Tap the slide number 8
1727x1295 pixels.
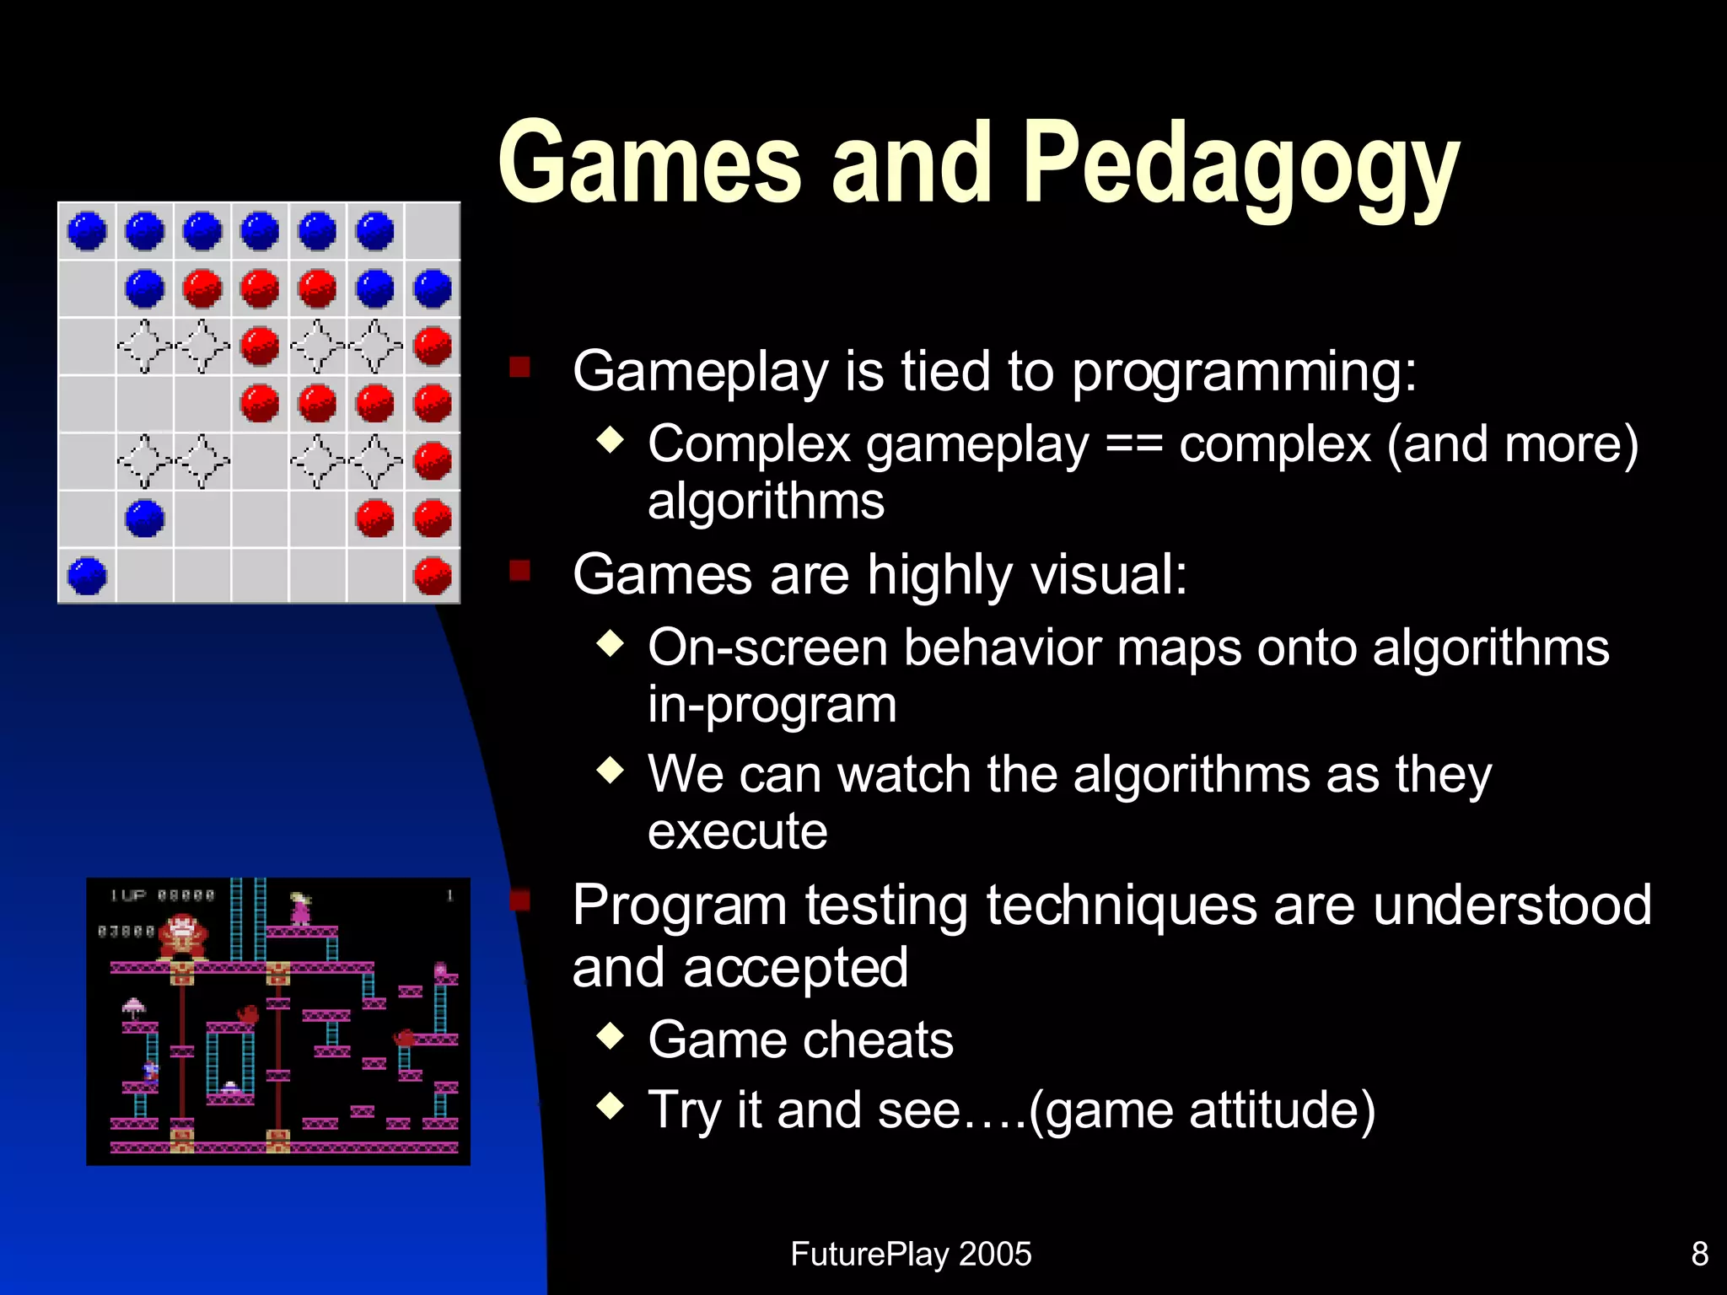point(1700,1254)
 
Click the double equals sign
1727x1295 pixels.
point(1133,445)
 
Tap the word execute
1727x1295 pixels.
point(737,832)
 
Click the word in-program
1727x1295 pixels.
point(772,705)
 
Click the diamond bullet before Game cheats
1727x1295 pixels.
point(610,1035)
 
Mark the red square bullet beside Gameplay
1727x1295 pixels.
point(519,367)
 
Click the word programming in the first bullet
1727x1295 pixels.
point(1244,371)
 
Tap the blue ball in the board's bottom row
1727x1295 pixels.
point(87,576)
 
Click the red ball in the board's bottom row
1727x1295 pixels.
point(433,576)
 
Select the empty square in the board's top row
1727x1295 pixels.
point(433,231)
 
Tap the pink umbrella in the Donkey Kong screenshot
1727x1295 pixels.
point(134,1006)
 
